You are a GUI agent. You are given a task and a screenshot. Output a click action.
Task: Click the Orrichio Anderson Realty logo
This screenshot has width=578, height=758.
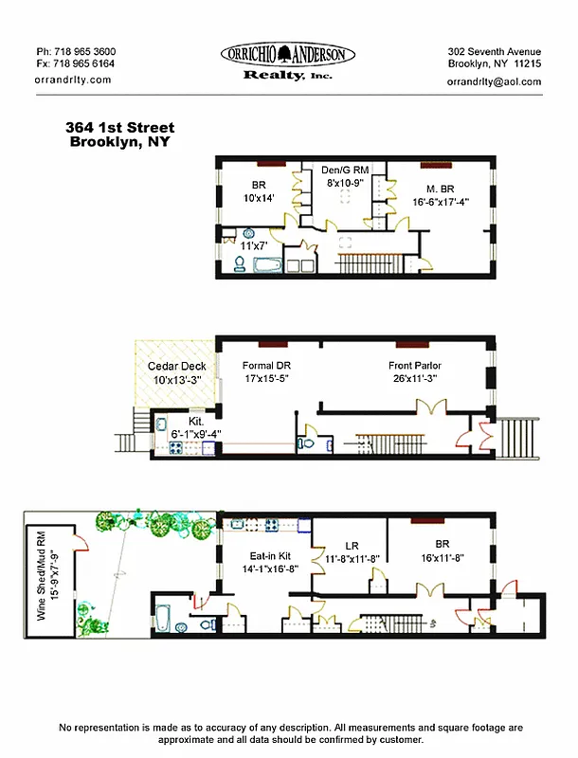288,62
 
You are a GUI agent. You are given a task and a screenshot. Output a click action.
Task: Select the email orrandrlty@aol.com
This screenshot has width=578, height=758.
494,81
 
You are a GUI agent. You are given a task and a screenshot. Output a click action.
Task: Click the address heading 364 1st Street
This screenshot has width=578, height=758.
119,128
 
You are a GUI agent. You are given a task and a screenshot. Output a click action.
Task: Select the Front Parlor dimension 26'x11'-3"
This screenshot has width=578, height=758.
415,378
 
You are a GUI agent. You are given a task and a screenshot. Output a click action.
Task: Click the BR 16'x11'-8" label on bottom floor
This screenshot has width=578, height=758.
442,552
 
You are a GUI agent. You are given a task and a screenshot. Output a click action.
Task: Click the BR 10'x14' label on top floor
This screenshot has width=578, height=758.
259,192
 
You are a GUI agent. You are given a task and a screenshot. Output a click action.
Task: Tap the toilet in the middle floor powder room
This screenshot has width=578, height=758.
307,441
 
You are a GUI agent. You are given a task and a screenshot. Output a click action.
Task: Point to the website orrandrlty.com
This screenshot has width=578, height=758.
72,80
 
